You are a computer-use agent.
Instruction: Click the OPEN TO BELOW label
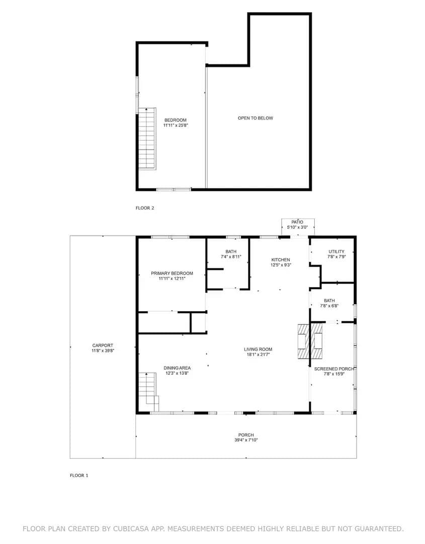pyautogui.click(x=256, y=118)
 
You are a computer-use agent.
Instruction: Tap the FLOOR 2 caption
pyautogui.click(x=145, y=208)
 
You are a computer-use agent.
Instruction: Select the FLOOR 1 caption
pyautogui.click(x=79, y=475)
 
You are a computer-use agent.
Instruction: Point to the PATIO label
pyautogui.click(x=297, y=222)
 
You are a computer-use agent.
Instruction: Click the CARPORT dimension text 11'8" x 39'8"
pyautogui.click(x=103, y=351)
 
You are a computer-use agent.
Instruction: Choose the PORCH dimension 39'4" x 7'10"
pyautogui.click(x=246, y=440)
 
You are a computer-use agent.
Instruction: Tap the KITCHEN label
pyautogui.click(x=281, y=260)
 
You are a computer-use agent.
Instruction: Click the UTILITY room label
pyautogui.click(x=336, y=251)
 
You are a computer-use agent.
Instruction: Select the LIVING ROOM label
pyautogui.click(x=258, y=350)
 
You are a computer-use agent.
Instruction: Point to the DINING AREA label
pyautogui.click(x=177, y=368)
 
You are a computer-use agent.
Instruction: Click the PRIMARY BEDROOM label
pyautogui.click(x=172, y=274)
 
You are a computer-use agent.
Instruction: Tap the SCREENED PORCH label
pyautogui.click(x=334, y=369)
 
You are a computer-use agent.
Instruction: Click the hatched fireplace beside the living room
pyautogui.click(x=311, y=342)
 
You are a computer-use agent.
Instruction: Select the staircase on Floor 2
pyautogui.click(x=147, y=139)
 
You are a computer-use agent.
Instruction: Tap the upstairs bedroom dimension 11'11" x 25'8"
pyautogui.click(x=176, y=125)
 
